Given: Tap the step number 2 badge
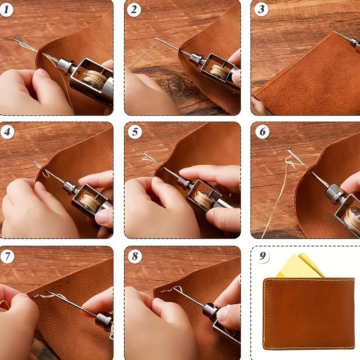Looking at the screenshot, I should point(134,9).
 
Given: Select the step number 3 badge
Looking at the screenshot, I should point(261,9).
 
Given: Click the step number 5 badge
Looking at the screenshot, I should point(134,132).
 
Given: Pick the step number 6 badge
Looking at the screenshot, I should point(262,132).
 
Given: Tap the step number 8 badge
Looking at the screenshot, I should point(134,256).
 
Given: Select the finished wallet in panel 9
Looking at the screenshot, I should point(309,313).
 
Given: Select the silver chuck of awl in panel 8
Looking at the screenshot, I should point(210,310).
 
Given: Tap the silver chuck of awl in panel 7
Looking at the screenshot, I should point(103,320).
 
